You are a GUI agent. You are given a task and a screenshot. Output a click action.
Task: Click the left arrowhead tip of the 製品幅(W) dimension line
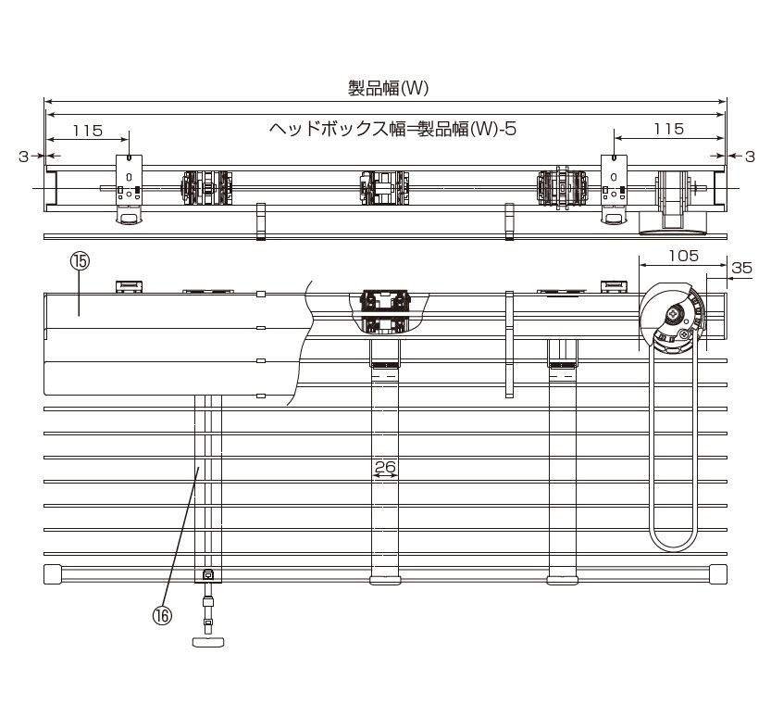[44, 102]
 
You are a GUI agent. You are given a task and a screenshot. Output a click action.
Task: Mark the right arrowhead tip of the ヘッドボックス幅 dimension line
[725, 115]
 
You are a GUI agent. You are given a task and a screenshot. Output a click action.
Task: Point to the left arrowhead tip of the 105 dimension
[639, 265]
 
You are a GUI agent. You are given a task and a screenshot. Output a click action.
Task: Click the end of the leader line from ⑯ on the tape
[198, 468]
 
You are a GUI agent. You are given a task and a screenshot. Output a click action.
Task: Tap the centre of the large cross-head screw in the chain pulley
[672, 312]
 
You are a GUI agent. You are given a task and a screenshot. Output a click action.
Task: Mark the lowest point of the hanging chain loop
[674, 551]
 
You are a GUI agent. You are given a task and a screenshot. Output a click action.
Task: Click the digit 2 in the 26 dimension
[379, 465]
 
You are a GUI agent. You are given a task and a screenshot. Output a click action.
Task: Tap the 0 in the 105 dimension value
[682, 256]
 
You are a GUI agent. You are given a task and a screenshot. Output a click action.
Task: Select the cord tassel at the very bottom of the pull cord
[208, 642]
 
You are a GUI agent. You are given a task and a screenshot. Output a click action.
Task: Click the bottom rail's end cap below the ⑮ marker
[53, 573]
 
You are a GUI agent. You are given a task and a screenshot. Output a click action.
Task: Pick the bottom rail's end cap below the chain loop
[718, 573]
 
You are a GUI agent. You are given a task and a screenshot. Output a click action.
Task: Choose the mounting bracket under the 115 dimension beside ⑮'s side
[129, 188]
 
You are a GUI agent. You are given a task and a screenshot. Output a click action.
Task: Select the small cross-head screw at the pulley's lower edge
[686, 333]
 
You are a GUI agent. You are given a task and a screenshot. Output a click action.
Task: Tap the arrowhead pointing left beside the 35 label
[730, 279]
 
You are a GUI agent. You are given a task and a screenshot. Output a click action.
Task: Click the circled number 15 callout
[81, 261]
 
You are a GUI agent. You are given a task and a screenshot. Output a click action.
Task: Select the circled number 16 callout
[162, 615]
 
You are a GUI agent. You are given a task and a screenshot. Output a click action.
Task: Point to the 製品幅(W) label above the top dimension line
[389, 88]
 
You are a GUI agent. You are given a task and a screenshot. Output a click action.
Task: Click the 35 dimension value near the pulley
[741, 268]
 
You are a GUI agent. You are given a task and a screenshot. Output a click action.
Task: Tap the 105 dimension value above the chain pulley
[683, 256]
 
